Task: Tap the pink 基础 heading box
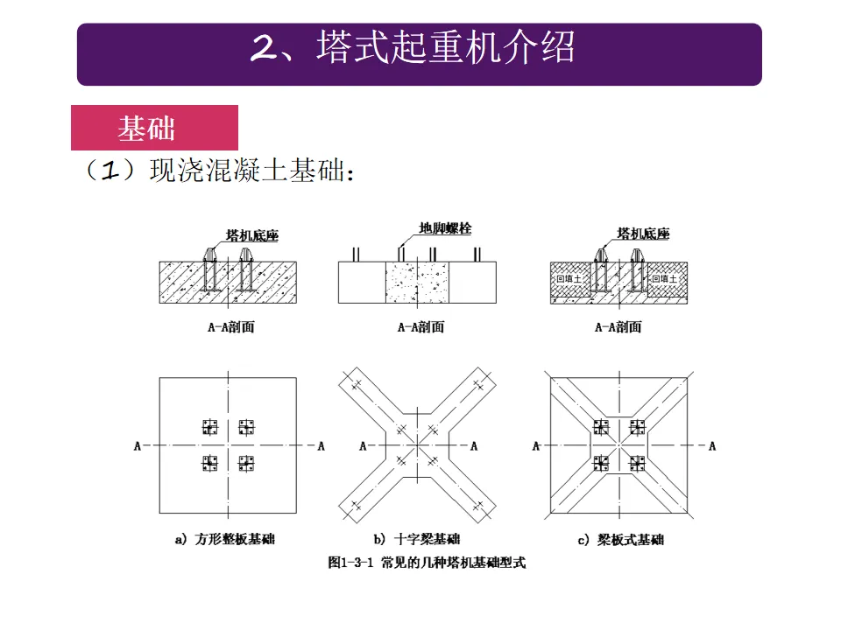click(147, 129)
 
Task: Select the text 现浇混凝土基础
click(251, 171)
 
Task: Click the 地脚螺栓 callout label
click(445, 229)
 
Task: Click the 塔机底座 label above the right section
click(643, 234)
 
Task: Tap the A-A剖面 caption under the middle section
click(420, 327)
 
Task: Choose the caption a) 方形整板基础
click(225, 540)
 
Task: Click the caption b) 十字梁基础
click(417, 540)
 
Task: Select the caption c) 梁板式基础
click(620, 540)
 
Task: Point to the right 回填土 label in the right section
click(663, 278)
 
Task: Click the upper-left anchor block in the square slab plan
click(209, 427)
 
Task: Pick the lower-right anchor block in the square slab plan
click(246, 463)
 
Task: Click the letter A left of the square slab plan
click(138, 446)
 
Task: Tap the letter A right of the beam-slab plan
click(712, 446)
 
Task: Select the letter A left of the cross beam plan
click(363, 446)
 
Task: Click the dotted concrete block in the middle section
click(417, 283)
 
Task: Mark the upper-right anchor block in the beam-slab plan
click(639, 427)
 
